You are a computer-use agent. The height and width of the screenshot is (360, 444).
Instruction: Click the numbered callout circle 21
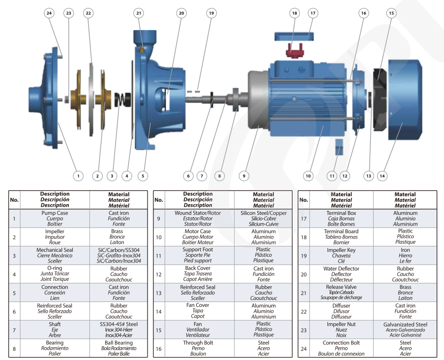pyautogui.click(x=139, y=13)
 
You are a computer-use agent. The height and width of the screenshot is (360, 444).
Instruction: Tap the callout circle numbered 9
pyautogui.click(x=244, y=176)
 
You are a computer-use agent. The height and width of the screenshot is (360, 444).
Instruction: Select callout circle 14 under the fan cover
pyautogui.click(x=382, y=176)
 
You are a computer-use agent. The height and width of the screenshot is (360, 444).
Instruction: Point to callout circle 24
pyautogui.click(x=49, y=13)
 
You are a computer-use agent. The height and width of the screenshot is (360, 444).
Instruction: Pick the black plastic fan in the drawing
pyautogui.click(x=380, y=99)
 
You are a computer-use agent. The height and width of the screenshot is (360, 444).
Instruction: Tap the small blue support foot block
pyautogui.click(x=339, y=147)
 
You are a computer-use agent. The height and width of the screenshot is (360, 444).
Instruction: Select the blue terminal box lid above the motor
pyautogui.click(x=294, y=36)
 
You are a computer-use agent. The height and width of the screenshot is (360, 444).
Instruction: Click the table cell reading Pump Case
pyautogui.click(x=55, y=218)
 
